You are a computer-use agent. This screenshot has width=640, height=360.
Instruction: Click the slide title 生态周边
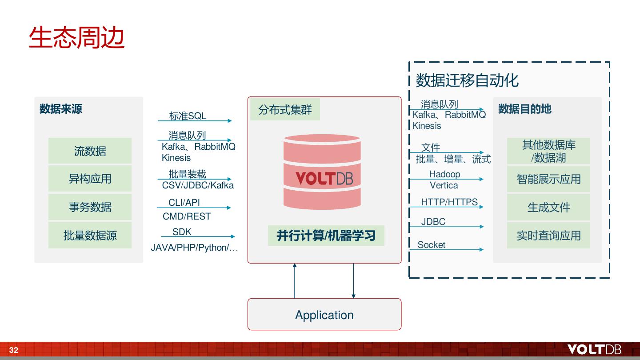pyautogui.click(x=76, y=37)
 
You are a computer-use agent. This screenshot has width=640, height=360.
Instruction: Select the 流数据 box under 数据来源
pyautogui.click(x=90, y=151)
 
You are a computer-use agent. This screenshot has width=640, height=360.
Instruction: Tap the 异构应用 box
pyautogui.click(x=90, y=179)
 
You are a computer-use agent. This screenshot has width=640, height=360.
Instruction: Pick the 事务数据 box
pyautogui.click(x=90, y=207)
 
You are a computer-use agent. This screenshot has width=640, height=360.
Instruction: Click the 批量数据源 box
pyautogui.click(x=90, y=235)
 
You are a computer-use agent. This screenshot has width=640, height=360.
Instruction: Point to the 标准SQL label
pyautogui.click(x=188, y=116)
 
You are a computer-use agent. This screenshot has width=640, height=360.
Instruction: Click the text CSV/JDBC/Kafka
pyautogui.click(x=198, y=185)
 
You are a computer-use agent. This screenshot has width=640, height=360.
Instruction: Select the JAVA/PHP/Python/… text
pyautogui.click(x=194, y=248)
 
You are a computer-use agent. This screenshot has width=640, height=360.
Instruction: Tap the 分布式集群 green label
pyautogui.click(x=285, y=109)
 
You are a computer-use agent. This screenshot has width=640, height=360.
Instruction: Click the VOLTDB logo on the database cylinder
pyautogui.click(x=324, y=178)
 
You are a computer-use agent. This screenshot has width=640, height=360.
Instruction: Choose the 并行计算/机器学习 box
pyautogui.click(x=326, y=236)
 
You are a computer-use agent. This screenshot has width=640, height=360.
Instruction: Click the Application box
pyautogui.click(x=324, y=314)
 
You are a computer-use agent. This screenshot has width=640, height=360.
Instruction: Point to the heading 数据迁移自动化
pyautogui.click(x=467, y=80)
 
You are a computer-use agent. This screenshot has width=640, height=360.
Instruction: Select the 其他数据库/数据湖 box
pyautogui.click(x=548, y=151)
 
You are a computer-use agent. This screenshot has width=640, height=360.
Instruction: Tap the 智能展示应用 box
pyautogui.click(x=548, y=179)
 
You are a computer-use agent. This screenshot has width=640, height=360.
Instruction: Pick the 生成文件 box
pyautogui.click(x=548, y=207)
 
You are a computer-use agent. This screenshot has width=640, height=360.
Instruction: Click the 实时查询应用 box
pyautogui.click(x=548, y=236)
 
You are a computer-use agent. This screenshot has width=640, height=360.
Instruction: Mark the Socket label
pyautogui.click(x=432, y=245)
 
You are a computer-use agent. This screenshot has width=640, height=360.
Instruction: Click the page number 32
pyautogui.click(x=14, y=350)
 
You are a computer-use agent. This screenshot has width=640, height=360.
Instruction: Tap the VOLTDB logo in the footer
pyautogui.click(x=594, y=349)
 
